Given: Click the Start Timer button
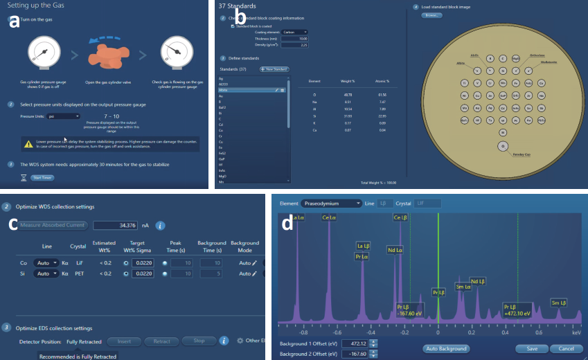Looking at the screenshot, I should (42, 178).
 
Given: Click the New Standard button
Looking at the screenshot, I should (274, 69).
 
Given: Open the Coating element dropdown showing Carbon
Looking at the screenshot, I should (295, 32).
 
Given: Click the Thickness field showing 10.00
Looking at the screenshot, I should (295, 39).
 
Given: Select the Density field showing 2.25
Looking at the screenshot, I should (295, 45).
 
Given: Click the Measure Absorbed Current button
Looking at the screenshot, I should (53, 225).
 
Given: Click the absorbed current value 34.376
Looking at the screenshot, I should (116, 225).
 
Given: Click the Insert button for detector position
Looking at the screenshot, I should (124, 341).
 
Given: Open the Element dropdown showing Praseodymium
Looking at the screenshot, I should (331, 204).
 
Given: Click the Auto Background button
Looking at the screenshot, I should (445, 348).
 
